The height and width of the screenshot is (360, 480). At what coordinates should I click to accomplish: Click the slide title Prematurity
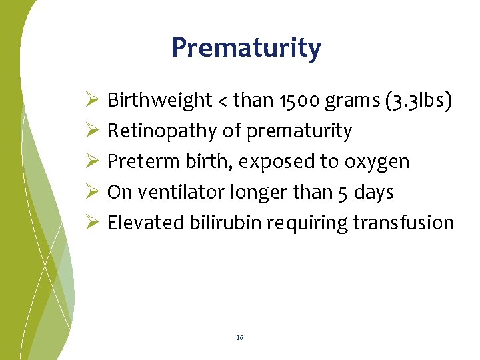point(246,49)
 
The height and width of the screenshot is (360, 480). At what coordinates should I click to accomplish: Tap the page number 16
point(239,338)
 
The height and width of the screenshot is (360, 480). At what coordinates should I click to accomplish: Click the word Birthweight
point(159,100)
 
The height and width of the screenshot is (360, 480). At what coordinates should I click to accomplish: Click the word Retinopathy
point(162,131)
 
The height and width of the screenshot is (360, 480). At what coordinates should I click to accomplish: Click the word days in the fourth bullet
point(373,192)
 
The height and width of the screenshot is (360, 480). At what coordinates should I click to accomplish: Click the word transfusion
point(403,223)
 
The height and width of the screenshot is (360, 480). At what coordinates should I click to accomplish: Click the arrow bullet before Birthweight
point(93,100)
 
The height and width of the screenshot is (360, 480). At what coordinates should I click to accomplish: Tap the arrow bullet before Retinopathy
point(93,131)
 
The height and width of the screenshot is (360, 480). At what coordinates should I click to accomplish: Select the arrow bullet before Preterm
point(93,161)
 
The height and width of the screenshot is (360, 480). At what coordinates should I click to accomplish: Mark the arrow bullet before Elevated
point(93,223)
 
